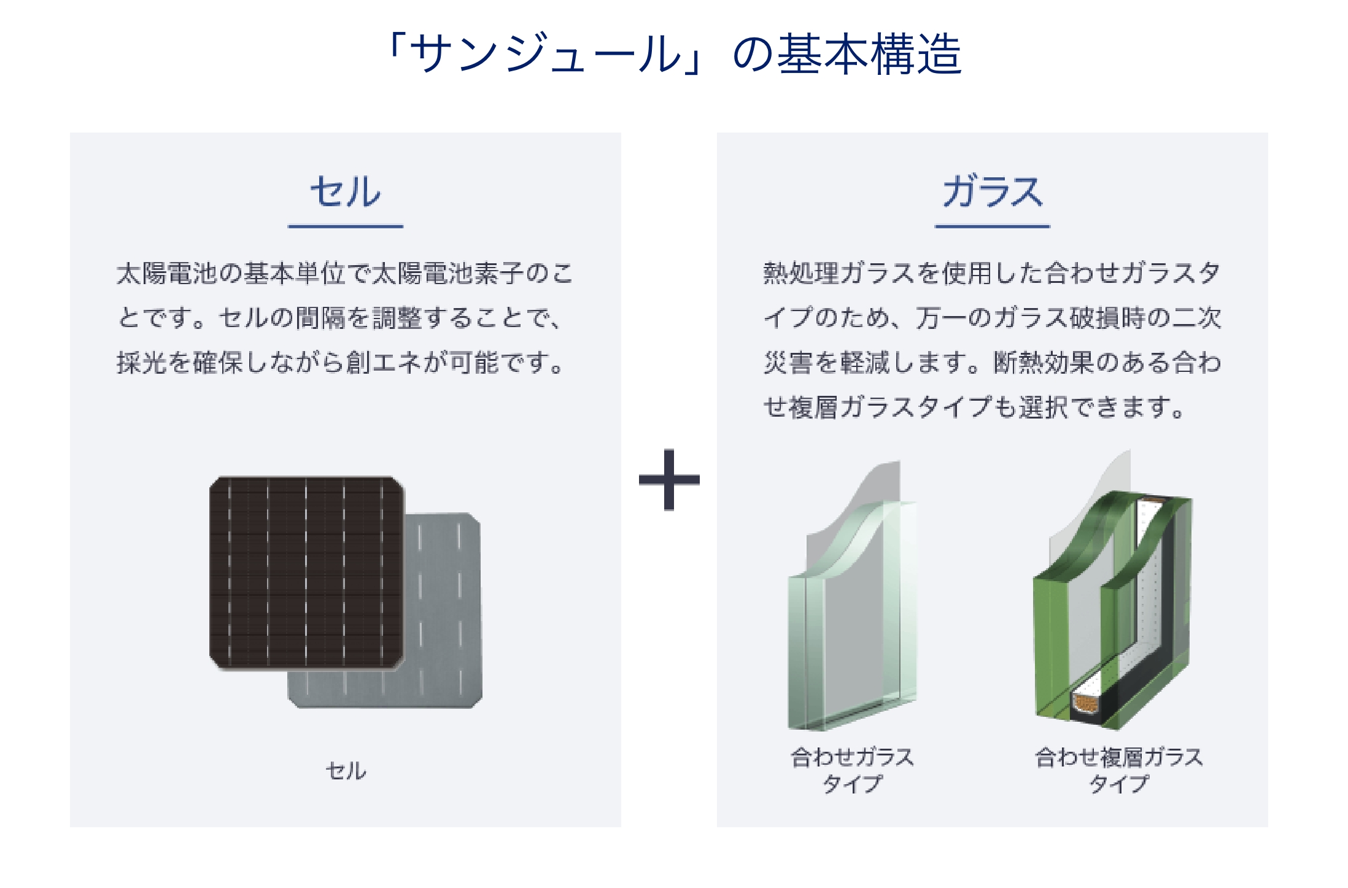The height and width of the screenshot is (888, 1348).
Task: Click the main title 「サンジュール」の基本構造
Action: tap(674, 53)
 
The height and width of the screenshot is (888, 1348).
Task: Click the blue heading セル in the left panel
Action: tap(345, 191)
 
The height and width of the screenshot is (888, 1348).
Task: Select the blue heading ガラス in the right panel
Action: tap(993, 191)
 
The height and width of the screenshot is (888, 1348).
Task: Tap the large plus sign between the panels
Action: tap(669, 479)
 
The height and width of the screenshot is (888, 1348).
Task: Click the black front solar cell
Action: tap(307, 572)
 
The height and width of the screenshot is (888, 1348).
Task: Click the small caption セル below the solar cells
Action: tap(346, 771)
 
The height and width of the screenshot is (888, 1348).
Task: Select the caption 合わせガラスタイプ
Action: tap(852, 770)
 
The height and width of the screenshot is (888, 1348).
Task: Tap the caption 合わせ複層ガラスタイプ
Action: tap(1118, 770)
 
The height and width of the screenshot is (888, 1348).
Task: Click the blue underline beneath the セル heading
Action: tap(346, 226)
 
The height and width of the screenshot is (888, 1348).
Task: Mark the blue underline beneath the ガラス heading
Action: tap(993, 226)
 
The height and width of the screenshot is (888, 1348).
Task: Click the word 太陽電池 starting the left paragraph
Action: tap(167, 273)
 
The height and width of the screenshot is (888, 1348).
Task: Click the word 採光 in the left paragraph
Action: tap(142, 363)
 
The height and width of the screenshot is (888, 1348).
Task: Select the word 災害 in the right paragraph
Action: tap(788, 363)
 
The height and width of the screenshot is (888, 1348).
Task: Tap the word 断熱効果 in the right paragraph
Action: tap(1044, 363)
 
